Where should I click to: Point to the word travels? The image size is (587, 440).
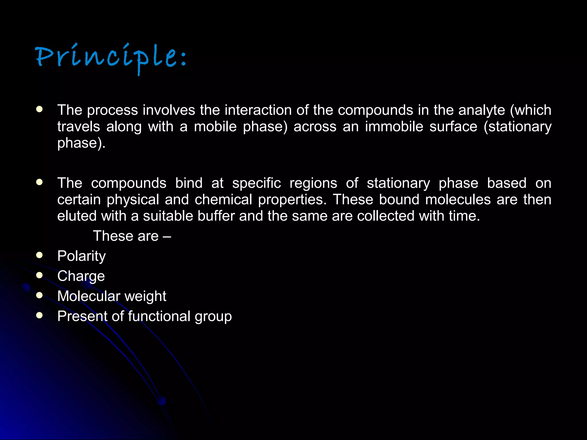click(x=79, y=127)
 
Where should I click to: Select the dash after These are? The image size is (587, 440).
click(x=167, y=236)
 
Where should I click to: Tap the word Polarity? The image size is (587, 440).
click(x=81, y=256)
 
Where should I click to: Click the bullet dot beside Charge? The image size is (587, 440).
click(x=40, y=275)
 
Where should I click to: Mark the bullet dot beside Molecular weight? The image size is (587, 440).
click(x=40, y=295)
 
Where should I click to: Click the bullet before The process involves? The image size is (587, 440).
click(x=40, y=109)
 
